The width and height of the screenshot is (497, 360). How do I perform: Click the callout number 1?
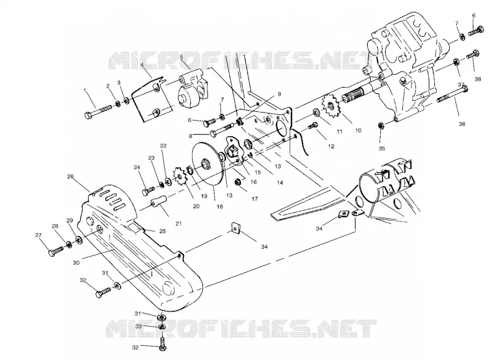point(85,90)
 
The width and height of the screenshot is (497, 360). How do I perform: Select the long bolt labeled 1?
point(98,111)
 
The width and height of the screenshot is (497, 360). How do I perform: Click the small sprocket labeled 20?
point(180,178)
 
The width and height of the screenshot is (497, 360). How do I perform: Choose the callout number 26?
point(70,176)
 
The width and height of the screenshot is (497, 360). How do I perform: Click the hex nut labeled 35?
point(381,126)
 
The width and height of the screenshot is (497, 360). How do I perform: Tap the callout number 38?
point(478,79)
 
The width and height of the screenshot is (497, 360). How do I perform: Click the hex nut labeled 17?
point(238,182)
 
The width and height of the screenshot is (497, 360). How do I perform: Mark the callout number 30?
point(76,262)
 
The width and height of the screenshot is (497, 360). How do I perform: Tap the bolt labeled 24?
point(148,190)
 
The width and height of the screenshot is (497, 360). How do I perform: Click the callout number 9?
point(279,94)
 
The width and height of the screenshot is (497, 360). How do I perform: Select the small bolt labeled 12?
point(313,126)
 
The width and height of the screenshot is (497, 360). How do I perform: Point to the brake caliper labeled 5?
point(192,89)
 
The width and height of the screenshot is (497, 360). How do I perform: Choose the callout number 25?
point(162,231)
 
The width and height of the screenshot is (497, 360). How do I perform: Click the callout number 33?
point(138,326)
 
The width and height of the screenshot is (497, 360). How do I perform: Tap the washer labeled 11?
point(316,113)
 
